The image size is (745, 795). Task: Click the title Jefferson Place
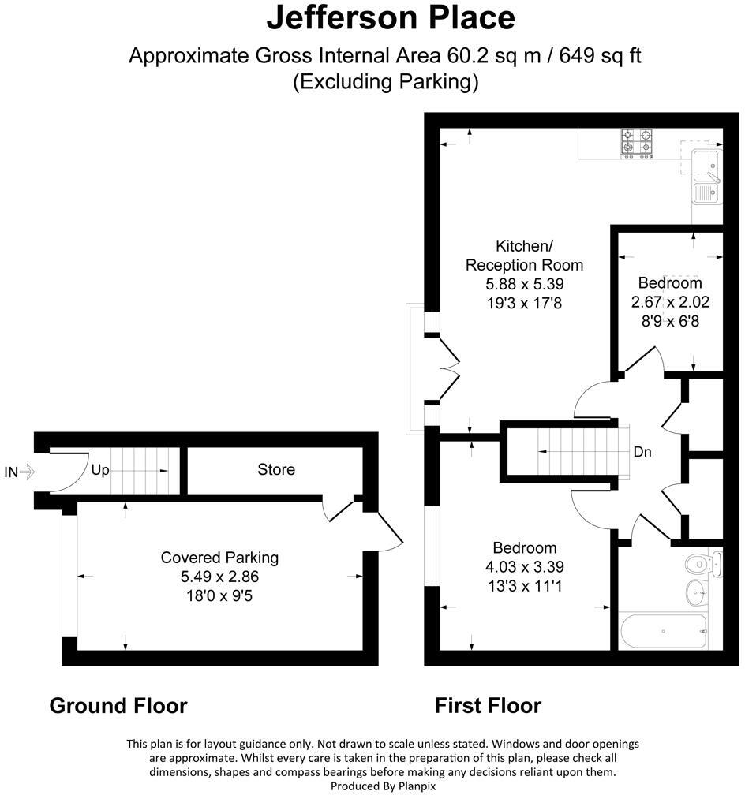point(391,17)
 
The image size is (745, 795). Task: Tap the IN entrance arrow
point(28,472)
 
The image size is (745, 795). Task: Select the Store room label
point(276,469)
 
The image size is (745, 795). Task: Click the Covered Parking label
point(219,558)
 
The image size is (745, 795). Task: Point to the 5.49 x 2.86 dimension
point(219,577)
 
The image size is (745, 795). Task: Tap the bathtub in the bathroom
point(663,631)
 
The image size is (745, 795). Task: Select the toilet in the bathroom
point(703,563)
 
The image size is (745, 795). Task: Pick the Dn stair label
point(642,452)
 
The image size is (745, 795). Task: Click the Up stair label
point(100,471)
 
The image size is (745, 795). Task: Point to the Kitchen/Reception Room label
point(524,256)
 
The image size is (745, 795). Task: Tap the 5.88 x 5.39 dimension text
point(524,284)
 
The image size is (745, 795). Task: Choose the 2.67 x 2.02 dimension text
point(670,302)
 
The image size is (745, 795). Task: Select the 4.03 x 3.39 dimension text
point(525,567)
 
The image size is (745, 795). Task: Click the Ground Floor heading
point(118,706)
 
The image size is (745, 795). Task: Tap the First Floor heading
point(489,706)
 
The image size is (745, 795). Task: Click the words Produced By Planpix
point(384,786)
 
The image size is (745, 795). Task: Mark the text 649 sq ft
point(601,55)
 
